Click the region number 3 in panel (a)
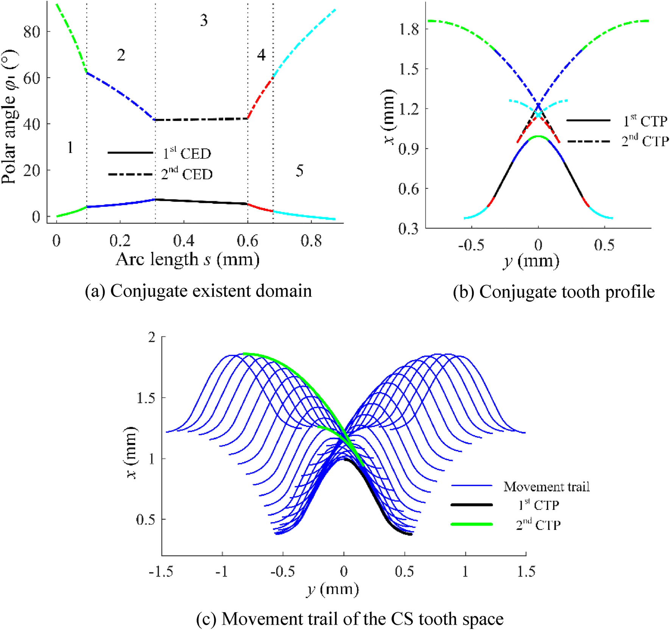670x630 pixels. pos(204,20)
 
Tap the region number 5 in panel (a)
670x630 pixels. pos(299,171)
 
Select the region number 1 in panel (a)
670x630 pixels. pos(70,147)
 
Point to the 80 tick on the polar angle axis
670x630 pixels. pos(31,32)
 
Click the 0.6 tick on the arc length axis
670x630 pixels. pos(248,241)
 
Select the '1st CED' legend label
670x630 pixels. pos(187,153)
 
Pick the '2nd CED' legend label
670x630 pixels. pos(187,174)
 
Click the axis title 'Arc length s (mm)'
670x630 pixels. pos(187,260)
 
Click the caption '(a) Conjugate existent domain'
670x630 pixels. pos(198,291)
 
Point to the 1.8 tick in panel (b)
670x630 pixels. pos(409,29)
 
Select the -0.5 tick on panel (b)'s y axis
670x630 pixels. pos(471,245)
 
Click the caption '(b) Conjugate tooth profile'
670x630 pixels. pos(553,292)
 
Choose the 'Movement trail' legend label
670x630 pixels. pos(546,486)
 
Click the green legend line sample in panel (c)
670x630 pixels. pos(472,524)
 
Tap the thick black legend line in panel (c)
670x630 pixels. pos(472,505)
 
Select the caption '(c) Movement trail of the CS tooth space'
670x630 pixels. pos(350,619)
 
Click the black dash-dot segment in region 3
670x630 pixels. pos(201,119)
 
